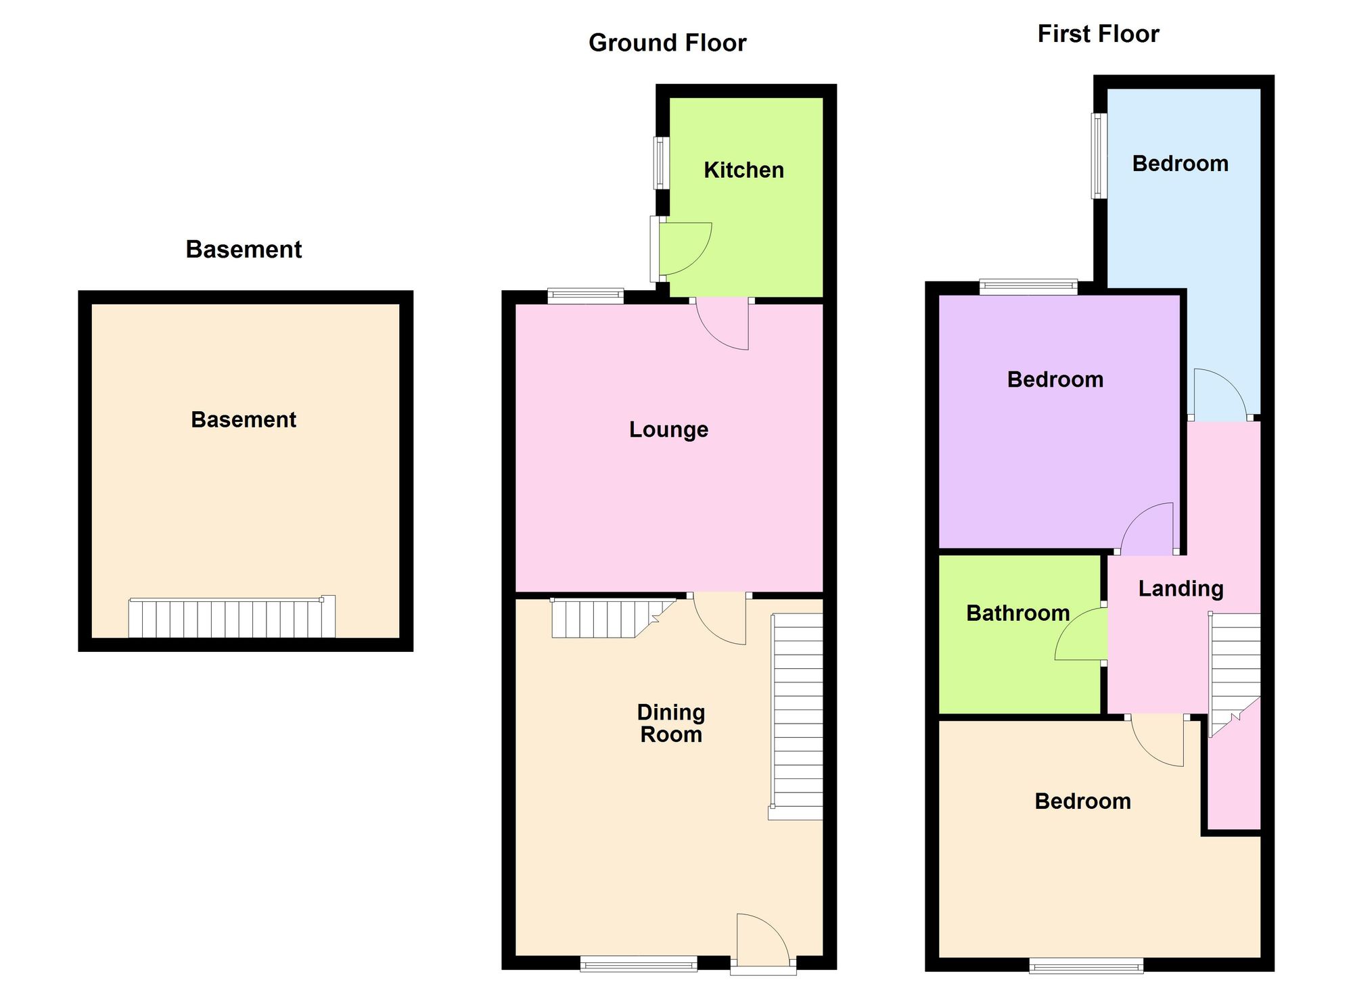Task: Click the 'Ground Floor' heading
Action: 667,43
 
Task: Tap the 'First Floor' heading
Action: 1098,34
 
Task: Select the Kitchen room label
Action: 743,170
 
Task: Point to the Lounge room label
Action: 668,429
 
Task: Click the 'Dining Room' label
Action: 671,723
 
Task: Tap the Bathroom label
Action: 1018,613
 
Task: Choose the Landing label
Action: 1181,589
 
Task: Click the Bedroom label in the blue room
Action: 1180,164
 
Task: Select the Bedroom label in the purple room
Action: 1055,379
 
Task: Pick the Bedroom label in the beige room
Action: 1083,801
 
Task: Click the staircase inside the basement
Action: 232,617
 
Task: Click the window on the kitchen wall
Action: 658,163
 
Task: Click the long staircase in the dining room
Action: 796,717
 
